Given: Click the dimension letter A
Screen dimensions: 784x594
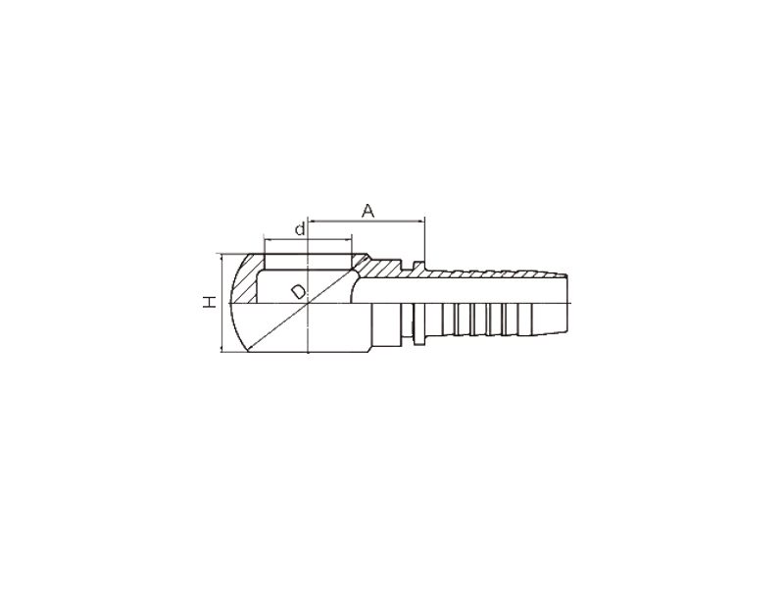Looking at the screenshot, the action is click(x=367, y=211).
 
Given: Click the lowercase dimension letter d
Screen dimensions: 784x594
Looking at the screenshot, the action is click(x=300, y=229).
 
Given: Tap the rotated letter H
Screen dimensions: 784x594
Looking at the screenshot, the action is click(x=210, y=302).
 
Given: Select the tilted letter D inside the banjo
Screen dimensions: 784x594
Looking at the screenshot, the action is click(x=299, y=291).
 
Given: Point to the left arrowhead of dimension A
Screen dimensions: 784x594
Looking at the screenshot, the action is click(x=312, y=220).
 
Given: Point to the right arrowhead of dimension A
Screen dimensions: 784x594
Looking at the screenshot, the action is click(x=421, y=220).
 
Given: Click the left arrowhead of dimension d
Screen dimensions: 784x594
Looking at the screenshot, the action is click(x=268, y=238).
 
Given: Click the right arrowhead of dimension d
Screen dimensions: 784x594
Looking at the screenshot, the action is click(x=349, y=238).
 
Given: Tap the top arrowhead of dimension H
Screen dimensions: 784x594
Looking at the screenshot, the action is click(x=221, y=257).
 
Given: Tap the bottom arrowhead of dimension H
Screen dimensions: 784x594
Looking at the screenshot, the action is click(x=221, y=349).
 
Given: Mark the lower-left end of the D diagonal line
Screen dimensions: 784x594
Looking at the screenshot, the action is click(x=248, y=352).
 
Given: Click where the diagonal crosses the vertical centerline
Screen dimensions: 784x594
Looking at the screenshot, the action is click(x=309, y=304).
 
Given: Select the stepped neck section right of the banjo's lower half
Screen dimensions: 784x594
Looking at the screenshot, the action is click(x=386, y=324).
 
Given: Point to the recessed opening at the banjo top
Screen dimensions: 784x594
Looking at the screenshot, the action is click(x=309, y=262).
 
